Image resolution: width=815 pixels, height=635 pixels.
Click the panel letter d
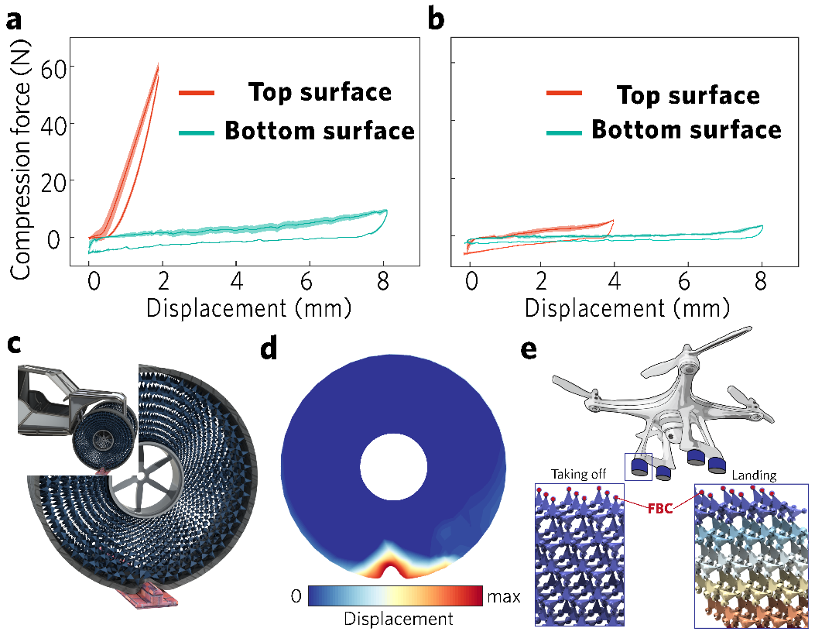click(x=269, y=352)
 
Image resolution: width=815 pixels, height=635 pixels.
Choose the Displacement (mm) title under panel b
click(x=627, y=308)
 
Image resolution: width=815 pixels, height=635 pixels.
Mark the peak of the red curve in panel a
click(x=158, y=65)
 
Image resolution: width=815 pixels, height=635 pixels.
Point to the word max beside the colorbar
click(x=503, y=596)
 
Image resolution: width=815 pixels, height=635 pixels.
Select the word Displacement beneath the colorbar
click(x=398, y=620)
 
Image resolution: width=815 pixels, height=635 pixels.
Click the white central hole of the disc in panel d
click(x=394, y=466)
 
